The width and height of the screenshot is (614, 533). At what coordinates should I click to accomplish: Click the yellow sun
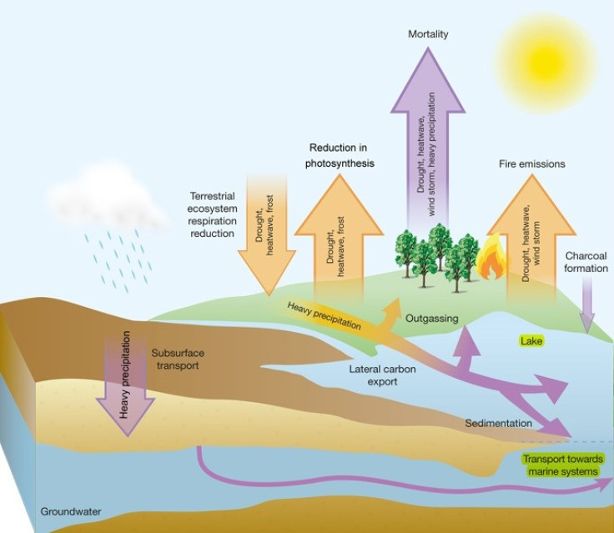pos(547,63)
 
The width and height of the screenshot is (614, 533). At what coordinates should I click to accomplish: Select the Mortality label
pos(428,34)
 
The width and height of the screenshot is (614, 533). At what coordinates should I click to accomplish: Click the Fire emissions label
pos(531,163)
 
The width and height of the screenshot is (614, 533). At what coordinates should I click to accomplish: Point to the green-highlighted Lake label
pos(531,341)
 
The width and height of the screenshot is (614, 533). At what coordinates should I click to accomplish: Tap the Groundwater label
pos(71,511)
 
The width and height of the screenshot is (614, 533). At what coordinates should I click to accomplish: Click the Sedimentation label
pos(499,423)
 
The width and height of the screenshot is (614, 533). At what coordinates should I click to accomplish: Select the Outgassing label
pos(431,318)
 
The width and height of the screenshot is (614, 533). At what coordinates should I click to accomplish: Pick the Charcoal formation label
pos(586,262)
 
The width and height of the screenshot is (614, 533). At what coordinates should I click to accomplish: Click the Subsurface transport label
pos(178,360)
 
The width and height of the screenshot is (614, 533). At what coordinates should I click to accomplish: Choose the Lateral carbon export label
pos(383,375)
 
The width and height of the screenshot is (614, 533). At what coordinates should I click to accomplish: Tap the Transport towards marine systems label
pos(563,465)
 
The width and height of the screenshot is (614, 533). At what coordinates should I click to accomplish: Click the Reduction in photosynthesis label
pos(340,155)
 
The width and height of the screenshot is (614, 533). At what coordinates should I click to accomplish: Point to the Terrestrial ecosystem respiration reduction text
pos(212,214)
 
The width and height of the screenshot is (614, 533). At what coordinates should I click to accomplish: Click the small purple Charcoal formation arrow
pos(586,304)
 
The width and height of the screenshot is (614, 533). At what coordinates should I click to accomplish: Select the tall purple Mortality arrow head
pos(428,80)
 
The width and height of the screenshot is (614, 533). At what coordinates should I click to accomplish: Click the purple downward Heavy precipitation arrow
pos(126,385)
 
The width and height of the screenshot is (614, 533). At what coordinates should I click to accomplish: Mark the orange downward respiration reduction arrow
pos(267,235)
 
